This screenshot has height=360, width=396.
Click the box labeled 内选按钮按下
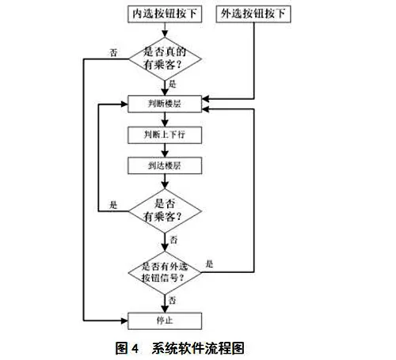pos(165,14)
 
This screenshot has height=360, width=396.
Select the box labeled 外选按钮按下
pos(253,14)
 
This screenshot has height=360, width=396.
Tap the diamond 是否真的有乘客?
pos(165,59)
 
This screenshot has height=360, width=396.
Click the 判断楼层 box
pos(165,104)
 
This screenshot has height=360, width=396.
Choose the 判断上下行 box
pos(165,135)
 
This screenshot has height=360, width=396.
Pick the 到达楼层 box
pos(165,165)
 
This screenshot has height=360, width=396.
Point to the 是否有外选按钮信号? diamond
pos(165,273)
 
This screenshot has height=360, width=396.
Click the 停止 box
pos(165,320)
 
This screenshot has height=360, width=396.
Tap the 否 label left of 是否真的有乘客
pos(113,53)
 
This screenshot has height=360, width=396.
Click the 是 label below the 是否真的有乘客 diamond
pos(173,84)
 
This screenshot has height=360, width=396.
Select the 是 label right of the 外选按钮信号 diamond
pos(209,263)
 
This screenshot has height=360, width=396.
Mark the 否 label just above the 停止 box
pos(173,300)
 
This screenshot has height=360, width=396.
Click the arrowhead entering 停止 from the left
pos(124,320)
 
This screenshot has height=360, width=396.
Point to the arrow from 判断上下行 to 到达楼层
pos(165,150)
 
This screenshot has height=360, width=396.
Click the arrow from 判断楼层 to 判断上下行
pos(165,119)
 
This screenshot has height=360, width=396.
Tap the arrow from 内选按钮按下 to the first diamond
pos(165,30)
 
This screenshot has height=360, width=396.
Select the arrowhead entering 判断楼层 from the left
pos(124,104)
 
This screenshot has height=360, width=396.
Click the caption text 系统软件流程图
pos(198,348)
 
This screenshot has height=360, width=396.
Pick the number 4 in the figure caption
pos(135,349)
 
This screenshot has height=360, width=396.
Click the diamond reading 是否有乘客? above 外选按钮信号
pos(165,211)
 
